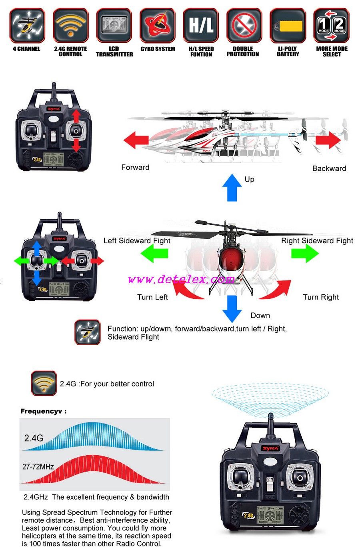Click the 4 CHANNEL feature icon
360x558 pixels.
click(x=27, y=25)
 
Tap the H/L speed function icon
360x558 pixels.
click(x=201, y=25)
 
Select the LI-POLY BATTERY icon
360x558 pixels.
click(x=288, y=25)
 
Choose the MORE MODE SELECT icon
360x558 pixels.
click(x=331, y=25)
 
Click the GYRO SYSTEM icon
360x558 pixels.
click(x=158, y=25)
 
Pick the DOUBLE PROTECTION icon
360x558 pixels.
click(x=244, y=25)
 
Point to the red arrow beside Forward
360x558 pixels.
click(x=136, y=140)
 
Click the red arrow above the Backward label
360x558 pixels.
click(x=328, y=140)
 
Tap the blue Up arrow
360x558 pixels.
click(x=232, y=187)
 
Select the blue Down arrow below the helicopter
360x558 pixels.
click(x=232, y=309)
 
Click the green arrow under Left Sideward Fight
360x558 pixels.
click(x=154, y=253)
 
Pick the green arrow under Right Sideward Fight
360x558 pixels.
click(x=305, y=253)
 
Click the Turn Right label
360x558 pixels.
click(x=321, y=297)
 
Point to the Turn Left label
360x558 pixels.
click(x=152, y=297)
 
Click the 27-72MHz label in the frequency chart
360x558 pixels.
click(x=38, y=466)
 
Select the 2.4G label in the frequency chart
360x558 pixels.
click(x=34, y=438)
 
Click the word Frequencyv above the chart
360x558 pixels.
click(x=41, y=411)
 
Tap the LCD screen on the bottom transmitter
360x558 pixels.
click(x=270, y=515)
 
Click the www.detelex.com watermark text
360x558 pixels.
click(x=181, y=279)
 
